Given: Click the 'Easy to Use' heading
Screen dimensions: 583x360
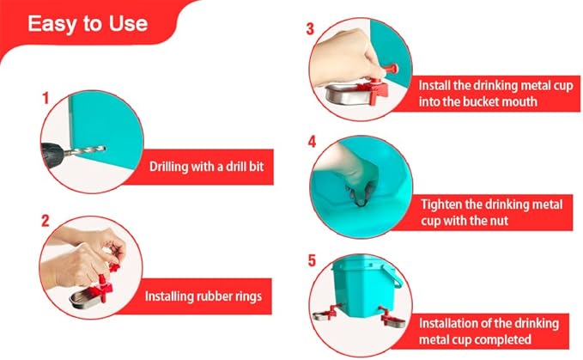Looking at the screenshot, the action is (88, 24).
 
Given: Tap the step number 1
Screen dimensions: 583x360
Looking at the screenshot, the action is (46, 99).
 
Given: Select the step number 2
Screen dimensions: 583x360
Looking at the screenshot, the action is (45, 221).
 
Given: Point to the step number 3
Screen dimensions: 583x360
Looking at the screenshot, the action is (310, 28).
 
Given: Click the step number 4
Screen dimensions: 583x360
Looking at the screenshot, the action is (312, 142).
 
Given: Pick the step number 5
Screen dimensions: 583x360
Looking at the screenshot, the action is (312, 260).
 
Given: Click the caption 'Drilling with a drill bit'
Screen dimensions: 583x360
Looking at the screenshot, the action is (206, 166).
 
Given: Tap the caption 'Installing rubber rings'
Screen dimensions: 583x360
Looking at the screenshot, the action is (203, 296).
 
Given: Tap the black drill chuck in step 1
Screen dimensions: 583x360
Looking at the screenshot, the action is (53, 154).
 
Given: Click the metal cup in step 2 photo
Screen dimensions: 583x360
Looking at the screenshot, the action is (85, 299).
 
